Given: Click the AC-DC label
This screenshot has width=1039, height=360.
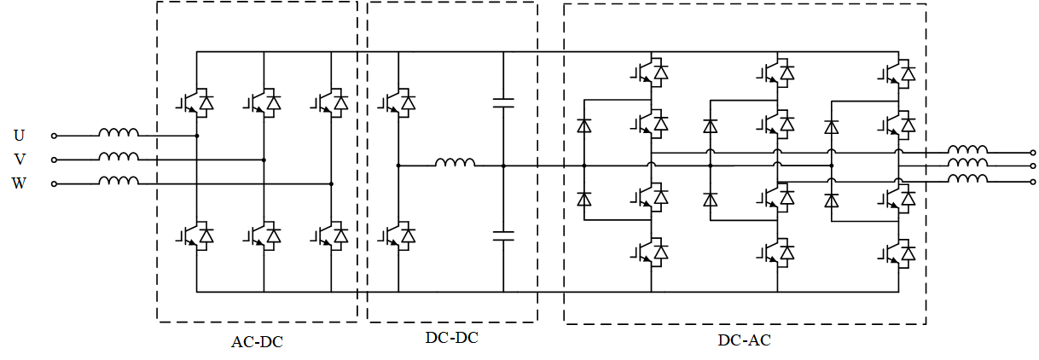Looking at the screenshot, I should [257, 343].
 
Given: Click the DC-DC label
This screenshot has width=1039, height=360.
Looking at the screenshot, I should [452, 338].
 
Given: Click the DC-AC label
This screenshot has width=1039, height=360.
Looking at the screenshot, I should [745, 340].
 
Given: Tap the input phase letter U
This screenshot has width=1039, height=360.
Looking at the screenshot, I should [19, 135].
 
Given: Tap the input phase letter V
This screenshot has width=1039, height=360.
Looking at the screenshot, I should [19, 160].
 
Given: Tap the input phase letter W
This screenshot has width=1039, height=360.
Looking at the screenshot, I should [19, 183].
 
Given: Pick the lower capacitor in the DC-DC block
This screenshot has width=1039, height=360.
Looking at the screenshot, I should [504, 235].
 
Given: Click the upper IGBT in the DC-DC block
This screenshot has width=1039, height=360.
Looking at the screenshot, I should [399, 102].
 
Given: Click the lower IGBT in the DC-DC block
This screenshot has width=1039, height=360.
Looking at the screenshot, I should [399, 234].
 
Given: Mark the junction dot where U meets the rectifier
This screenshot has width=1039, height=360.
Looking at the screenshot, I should [197, 135].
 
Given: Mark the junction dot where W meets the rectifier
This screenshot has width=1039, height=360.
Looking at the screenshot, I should [332, 183].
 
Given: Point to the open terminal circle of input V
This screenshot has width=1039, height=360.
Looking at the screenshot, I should [54, 160].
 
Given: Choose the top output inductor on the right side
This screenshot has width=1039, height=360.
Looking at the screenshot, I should [968, 150].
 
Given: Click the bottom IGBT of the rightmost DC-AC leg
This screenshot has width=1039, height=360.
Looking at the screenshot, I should [900, 253].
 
